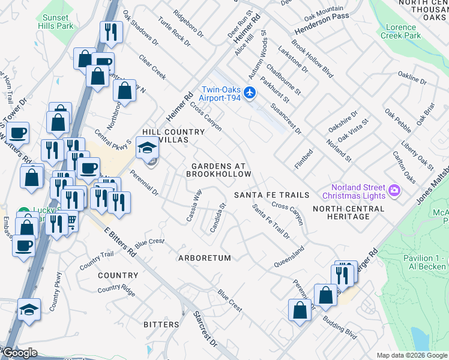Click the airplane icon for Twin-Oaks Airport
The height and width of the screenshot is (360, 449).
click(x=251, y=92)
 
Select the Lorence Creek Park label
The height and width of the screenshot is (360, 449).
click(x=401, y=31)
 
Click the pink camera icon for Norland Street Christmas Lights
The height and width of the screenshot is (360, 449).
click(x=395, y=191)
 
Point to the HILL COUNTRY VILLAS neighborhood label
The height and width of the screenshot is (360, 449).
click(x=165, y=136)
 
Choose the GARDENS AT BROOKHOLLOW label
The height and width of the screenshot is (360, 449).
click(x=218, y=170)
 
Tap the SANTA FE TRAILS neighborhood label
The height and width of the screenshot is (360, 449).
click(x=271, y=195)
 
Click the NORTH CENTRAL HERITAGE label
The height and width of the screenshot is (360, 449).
click(x=348, y=212)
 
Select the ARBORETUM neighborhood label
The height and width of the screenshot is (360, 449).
click(x=205, y=258)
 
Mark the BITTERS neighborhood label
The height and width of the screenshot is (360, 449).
click(x=161, y=325)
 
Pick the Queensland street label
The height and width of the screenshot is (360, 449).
click(x=289, y=256)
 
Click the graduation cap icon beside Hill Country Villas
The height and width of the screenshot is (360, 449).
click(x=146, y=146)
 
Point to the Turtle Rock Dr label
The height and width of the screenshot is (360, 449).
click(x=174, y=31)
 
